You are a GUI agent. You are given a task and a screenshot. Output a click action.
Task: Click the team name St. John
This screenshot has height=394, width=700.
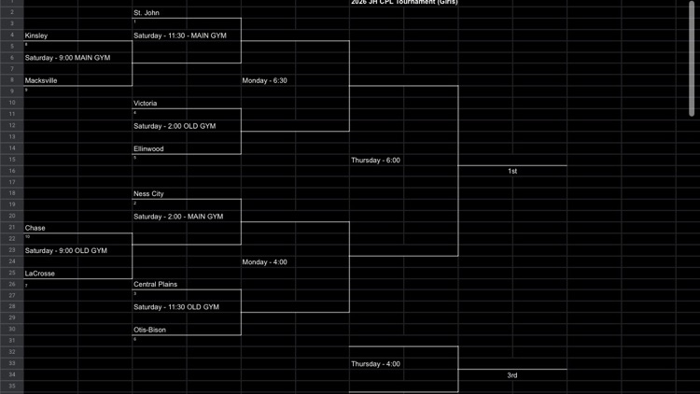[147, 13]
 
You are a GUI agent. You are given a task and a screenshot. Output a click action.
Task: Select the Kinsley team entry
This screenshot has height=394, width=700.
[36, 35]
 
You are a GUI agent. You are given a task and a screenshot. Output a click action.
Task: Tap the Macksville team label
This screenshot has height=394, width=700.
[41, 80]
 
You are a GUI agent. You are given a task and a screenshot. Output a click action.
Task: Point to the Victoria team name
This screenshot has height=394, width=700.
[146, 104]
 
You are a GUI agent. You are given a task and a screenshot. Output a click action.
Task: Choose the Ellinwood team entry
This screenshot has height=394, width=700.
[149, 148]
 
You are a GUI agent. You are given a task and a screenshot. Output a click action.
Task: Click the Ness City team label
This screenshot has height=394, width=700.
[149, 194]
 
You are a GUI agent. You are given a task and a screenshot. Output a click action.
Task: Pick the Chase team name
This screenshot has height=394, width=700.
[35, 228]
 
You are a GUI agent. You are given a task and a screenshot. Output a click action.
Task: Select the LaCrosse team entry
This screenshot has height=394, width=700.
[39, 274]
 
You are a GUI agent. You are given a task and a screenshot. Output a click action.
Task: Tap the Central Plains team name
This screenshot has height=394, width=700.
[155, 284]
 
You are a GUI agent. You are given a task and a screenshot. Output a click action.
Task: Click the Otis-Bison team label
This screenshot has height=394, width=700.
[151, 330]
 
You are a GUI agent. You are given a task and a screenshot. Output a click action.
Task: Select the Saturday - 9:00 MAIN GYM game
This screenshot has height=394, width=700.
[67, 58]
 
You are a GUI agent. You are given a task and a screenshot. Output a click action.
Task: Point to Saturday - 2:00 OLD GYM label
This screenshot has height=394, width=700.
[175, 126]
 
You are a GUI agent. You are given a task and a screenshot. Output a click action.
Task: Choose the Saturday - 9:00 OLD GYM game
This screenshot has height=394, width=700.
[66, 250]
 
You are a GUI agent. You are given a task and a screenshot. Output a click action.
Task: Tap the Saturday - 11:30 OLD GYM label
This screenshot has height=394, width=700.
[176, 307]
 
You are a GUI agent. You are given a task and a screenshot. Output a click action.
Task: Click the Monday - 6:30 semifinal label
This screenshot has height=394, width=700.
[265, 80]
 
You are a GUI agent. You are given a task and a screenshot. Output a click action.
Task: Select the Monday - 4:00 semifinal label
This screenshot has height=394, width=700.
[265, 262]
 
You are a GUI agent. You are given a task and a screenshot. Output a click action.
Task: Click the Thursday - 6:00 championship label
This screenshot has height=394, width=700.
[375, 161]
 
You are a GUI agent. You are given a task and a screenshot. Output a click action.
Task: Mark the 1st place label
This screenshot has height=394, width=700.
[512, 172]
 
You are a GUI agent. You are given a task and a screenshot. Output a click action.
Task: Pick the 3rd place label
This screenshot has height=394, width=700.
[512, 375]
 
